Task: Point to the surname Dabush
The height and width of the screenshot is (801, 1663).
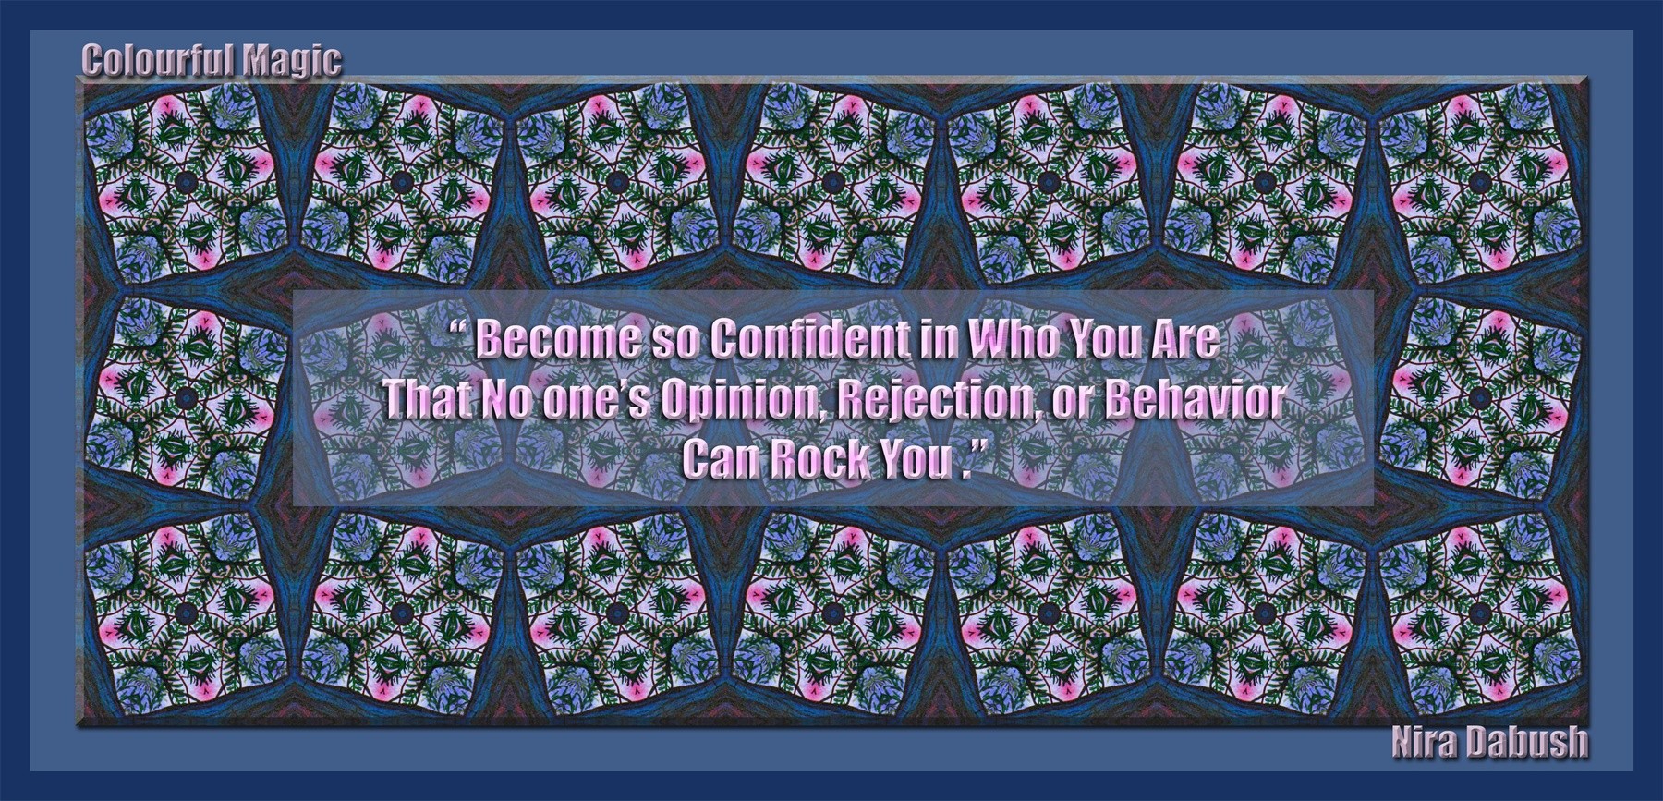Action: tap(1526, 741)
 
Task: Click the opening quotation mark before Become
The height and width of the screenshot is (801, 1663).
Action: tap(463, 331)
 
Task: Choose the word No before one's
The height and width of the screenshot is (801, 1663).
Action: tap(506, 399)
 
